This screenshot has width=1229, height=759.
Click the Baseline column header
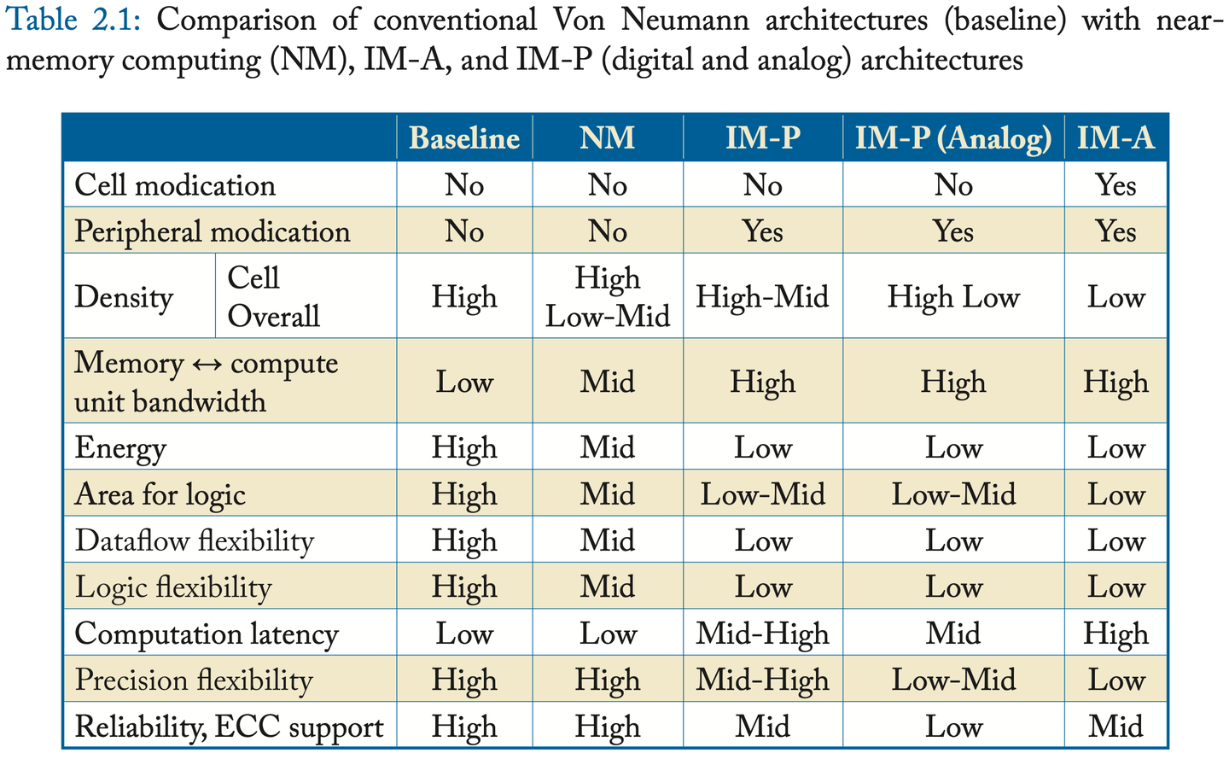[x=464, y=138]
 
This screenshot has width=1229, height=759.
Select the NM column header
[x=607, y=138]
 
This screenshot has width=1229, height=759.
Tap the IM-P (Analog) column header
[x=953, y=138]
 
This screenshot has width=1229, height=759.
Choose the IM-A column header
[x=1115, y=138]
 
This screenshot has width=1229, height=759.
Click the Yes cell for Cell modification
[x=1115, y=185]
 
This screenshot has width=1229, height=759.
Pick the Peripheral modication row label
[x=212, y=231]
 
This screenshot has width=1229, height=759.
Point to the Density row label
[x=124, y=297]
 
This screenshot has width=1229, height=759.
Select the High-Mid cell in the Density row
[x=762, y=297]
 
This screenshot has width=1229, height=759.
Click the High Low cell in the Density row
[x=953, y=297]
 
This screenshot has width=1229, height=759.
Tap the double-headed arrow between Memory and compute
[x=207, y=365]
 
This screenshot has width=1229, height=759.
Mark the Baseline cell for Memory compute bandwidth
[x=464, y=382]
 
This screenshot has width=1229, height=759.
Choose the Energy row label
[x=120, y=448]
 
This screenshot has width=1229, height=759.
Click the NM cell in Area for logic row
[x=607, y=494]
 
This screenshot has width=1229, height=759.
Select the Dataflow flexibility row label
[x=195, y=541]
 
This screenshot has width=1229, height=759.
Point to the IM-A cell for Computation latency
[x=1115, y=633]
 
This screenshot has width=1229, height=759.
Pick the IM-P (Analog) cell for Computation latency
[x=953, y=633]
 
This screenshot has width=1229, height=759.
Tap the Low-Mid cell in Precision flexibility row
[x=953, y=680]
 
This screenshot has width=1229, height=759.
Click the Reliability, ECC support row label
[x=229, y=727]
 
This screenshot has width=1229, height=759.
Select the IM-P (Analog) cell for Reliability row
[x=953, y=727]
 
